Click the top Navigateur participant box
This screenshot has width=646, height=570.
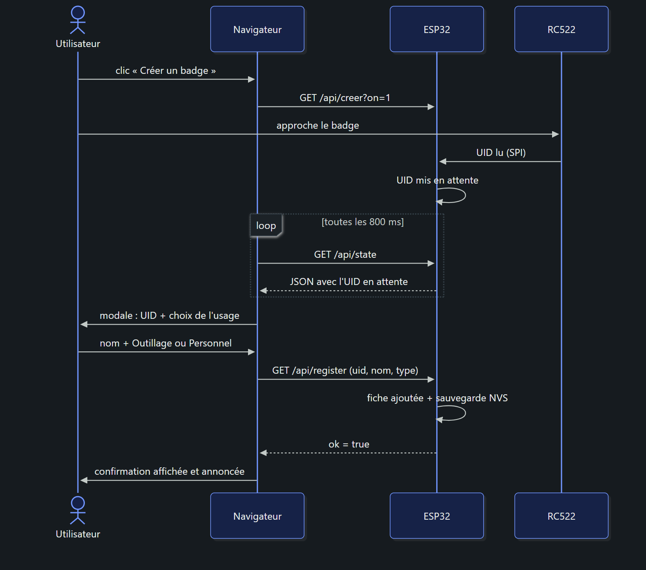point(257,29)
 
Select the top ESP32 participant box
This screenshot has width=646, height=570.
point(437,29)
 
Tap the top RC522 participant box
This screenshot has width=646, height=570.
point(561,29)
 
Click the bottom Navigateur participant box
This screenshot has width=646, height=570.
point(257,516)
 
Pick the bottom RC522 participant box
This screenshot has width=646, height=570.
point(561,516)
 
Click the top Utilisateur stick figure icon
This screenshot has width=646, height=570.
point(78,20)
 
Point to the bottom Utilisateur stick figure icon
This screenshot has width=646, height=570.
point(78,510)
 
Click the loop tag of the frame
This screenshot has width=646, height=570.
point(266,226)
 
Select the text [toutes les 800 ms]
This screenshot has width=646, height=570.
point(363,222)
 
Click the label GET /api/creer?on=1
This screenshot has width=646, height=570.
point(345,98)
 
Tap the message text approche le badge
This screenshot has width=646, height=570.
point(318,125)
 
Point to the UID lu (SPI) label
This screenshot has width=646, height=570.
point(501,153)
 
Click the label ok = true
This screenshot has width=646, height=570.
point(349,444)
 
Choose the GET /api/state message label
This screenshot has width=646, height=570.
point(345,254)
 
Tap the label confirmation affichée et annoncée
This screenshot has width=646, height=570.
point(169,471)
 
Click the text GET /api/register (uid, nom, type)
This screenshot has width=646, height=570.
point(345,370)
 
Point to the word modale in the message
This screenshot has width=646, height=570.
point(116,316)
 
